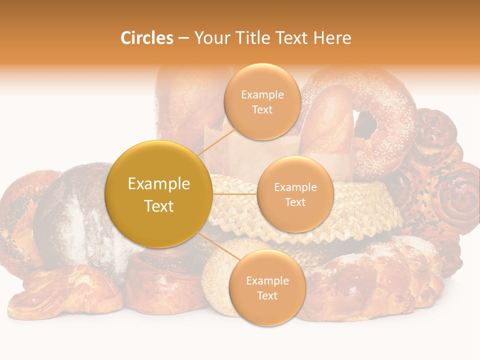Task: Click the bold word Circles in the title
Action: [147, 38]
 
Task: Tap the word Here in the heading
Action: [332, 38]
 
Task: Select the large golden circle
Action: [158, 194]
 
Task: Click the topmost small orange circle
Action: [262, 101]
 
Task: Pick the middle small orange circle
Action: [295, 194]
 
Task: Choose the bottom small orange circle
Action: [267, 287]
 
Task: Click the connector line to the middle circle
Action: [235, 194]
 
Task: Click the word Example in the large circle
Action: [158, 184]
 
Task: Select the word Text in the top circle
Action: [262, 110]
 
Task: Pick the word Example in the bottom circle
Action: [267, 280]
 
